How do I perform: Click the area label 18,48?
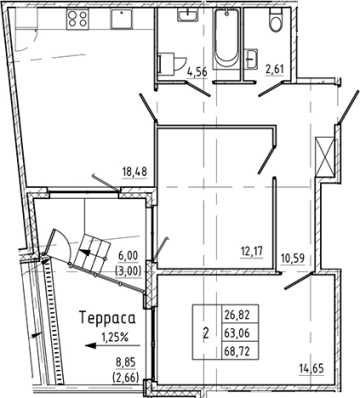[x=134, y=171]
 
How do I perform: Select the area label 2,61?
[x=276, y=71]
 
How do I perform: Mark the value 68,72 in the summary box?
[x=236, y=350]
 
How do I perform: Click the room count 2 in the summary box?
[x=205, y=332]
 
